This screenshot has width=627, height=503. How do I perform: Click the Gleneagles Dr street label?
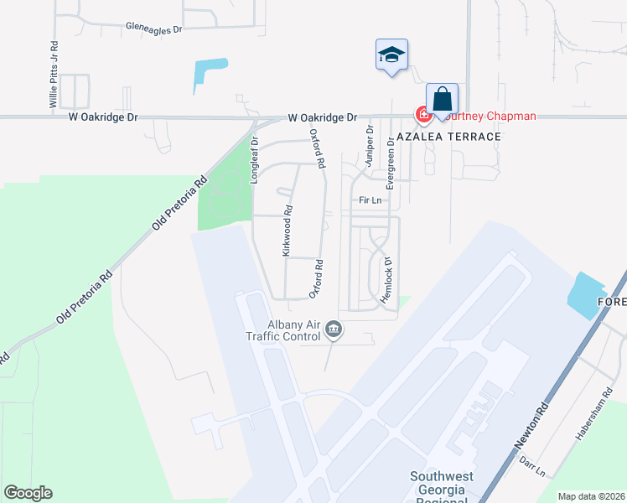tap(153, 29)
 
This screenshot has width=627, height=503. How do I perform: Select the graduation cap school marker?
tap(391, 55)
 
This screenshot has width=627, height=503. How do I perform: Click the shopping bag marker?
tap(442, 100)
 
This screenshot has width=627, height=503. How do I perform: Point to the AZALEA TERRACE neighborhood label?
tap(449, 137)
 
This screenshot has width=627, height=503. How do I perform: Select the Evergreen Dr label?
tap(391, 155)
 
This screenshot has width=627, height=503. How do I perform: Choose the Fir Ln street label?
tap(370, 201)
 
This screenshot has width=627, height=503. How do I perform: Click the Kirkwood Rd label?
tap(287, 231)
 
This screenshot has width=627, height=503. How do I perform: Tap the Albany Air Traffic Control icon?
tap(334, 329)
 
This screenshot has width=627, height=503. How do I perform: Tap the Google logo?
tap(28, 492)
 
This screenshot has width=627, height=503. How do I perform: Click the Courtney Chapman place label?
tap(491, 116)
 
